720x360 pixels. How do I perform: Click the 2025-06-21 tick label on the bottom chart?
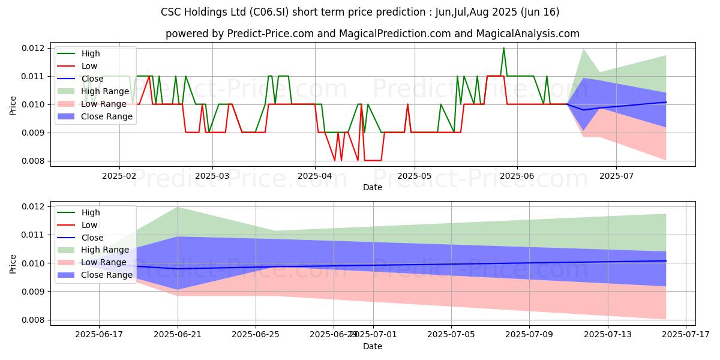click(x=178, y=335)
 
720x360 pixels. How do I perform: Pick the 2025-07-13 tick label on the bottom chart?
click(x=608, y=335)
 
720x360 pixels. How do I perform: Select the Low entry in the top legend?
click(x=89, y=66)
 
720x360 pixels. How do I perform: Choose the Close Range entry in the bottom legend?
click(x=107, y=275)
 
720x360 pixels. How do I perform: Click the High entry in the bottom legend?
click(x=91, y=212)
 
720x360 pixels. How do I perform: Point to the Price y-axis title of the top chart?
click(x=13, y=104)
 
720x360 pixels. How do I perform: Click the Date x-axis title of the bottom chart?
click(x=373, y=346)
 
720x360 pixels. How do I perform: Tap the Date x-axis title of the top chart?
click(x=373, y=187)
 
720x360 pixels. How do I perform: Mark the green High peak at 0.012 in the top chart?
click(x=503, y=48)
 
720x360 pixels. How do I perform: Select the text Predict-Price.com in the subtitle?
click(x=271, y=34)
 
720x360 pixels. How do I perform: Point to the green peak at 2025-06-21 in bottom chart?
click(x=178, y=207)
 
